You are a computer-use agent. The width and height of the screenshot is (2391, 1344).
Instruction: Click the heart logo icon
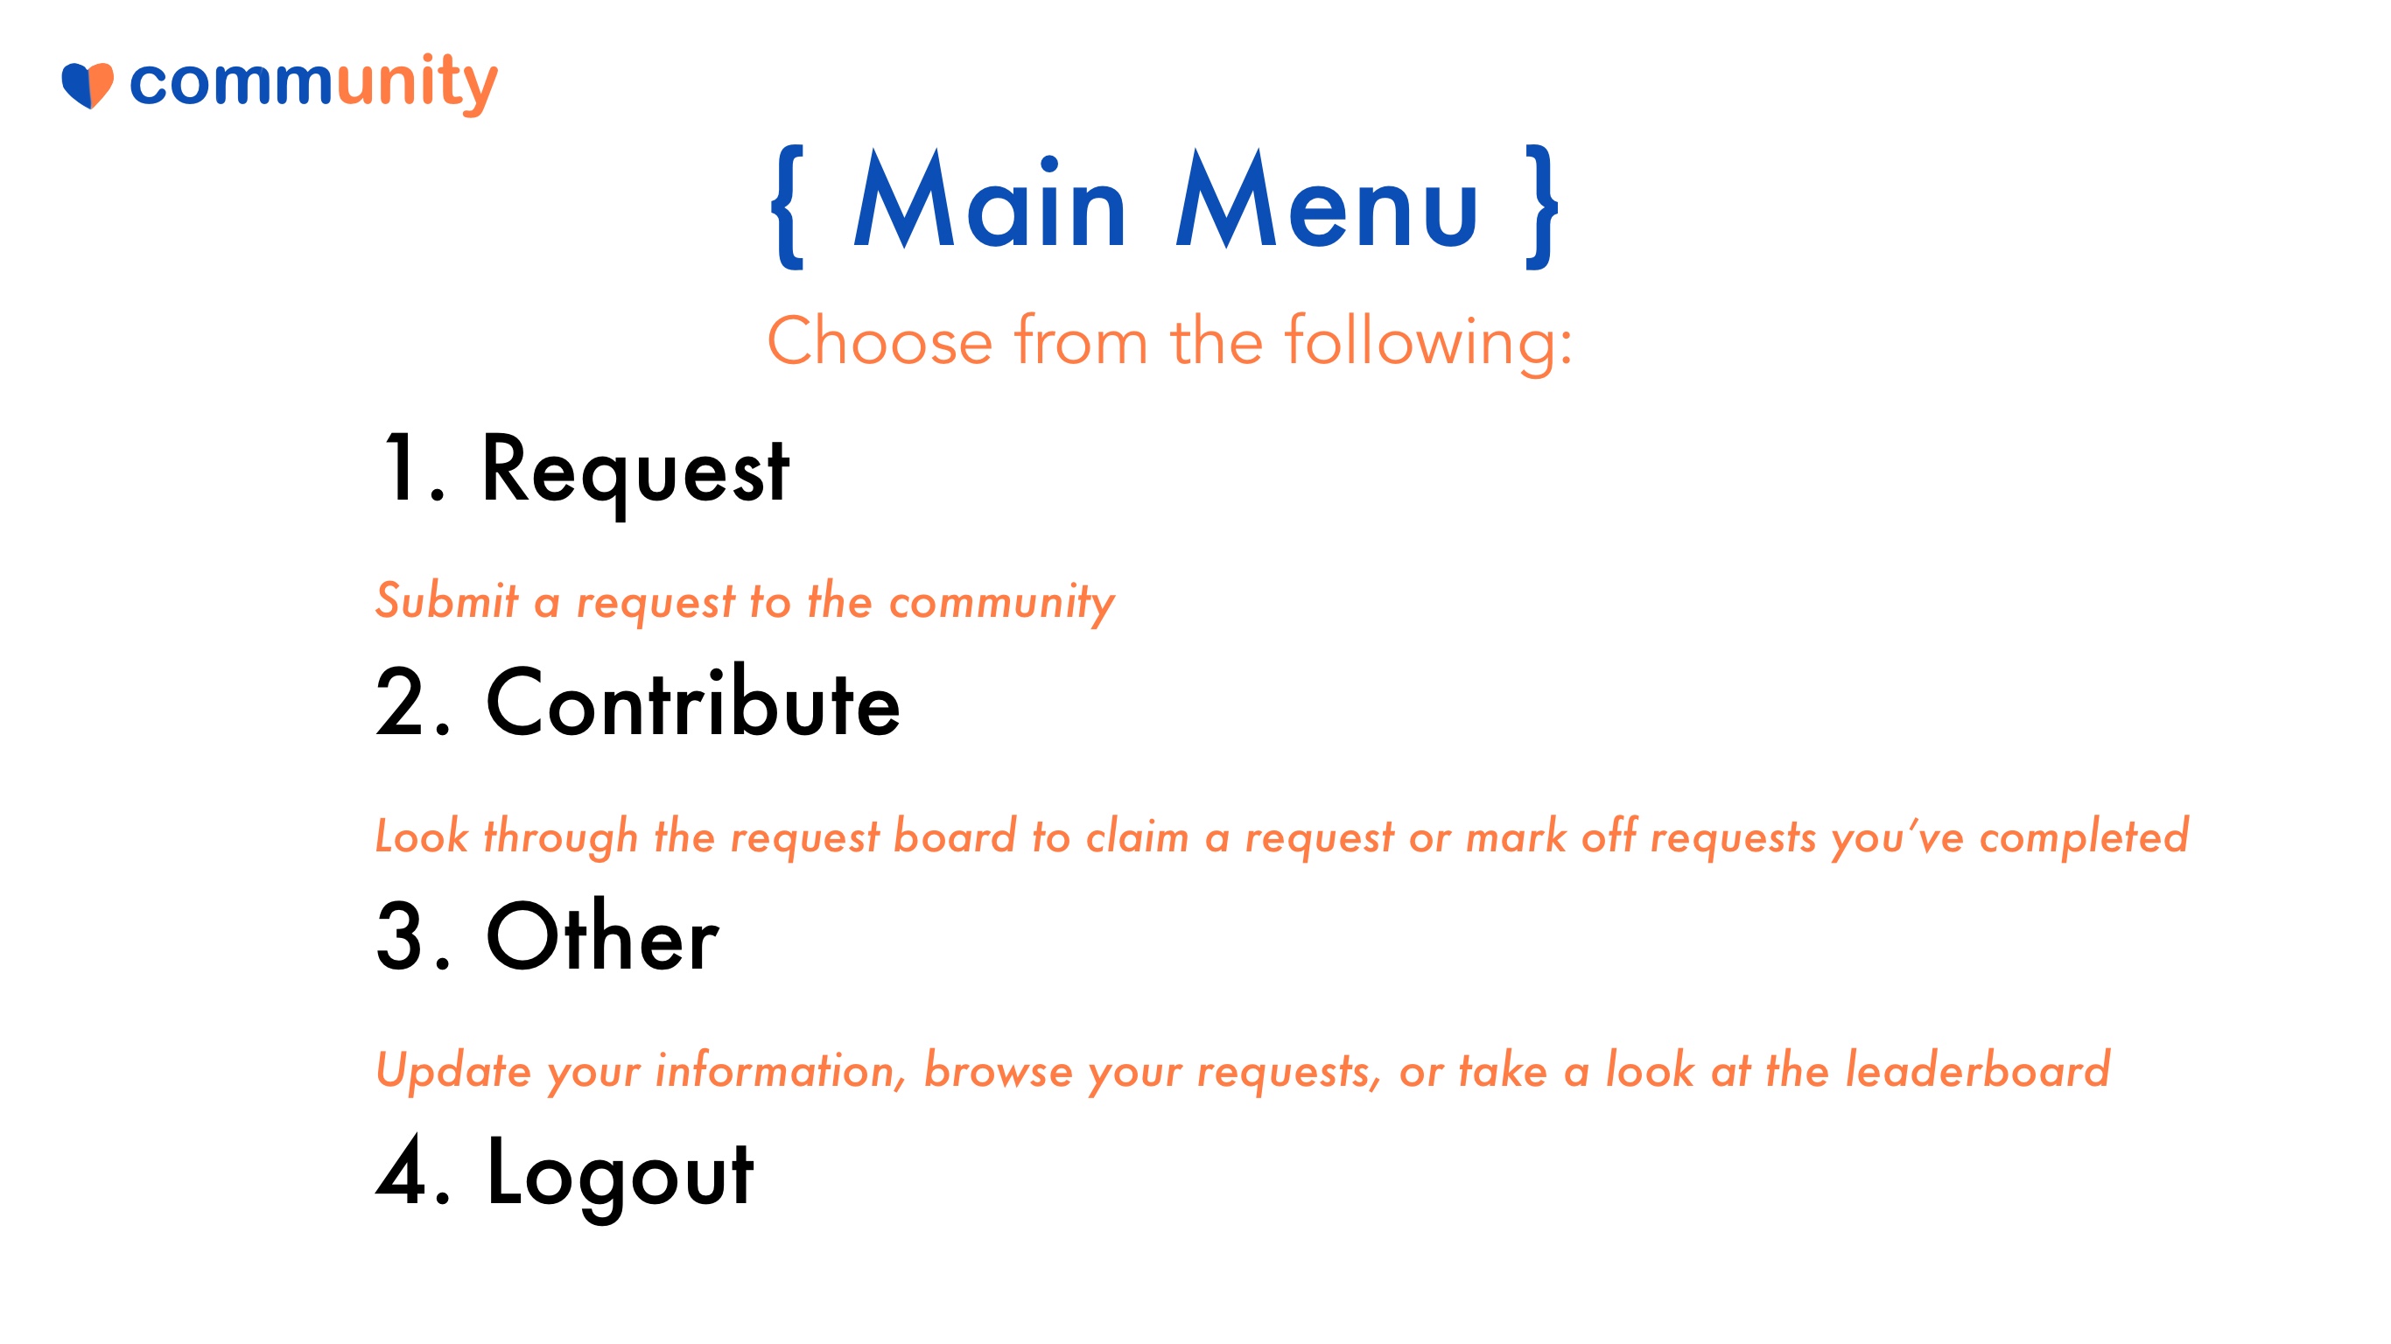[x=88, y=86]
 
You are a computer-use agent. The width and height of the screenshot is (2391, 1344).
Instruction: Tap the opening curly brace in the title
[x=788, y=207]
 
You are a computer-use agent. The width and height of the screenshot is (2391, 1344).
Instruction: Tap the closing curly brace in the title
[x=1542, y=207]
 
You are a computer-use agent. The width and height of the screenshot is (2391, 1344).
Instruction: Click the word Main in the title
[x=990, y=199]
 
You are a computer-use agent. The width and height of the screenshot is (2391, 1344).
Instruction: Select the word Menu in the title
[x=1327, y=199]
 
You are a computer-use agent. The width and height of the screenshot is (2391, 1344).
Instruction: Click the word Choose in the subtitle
[x=880, y=340]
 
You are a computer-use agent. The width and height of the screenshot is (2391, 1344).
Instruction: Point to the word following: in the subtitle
[x=1428, y=343]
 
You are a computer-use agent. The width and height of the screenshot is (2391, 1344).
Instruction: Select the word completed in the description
[x=2085, y=836]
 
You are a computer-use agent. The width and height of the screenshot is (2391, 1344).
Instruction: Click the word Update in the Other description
[x=453, y=1070]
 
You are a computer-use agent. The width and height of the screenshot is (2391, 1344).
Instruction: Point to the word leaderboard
[x=1977, y=1069]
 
